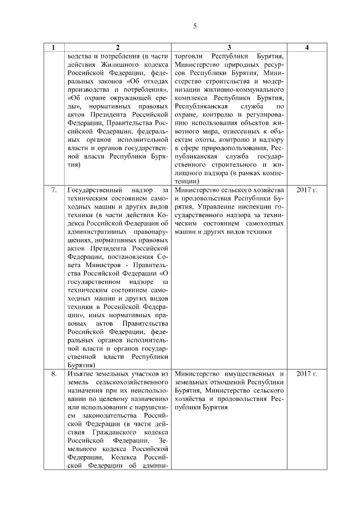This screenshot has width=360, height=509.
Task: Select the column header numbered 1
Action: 53,48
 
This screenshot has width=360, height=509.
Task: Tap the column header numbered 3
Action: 229,48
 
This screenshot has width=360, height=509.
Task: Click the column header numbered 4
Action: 307,48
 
